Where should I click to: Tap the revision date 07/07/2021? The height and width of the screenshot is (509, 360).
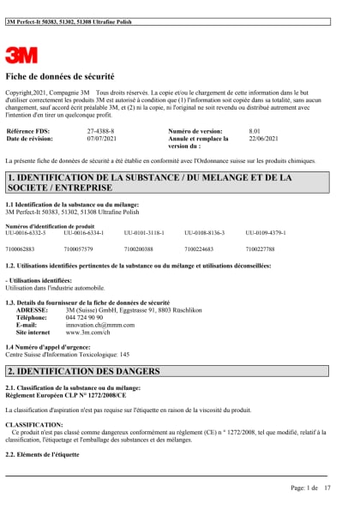tap(102, 138)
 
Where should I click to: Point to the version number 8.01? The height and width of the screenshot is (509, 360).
tap(255, 131)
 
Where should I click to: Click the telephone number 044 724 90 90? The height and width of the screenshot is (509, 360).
tap(83, 318)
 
